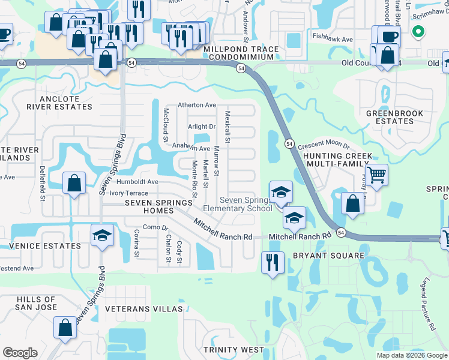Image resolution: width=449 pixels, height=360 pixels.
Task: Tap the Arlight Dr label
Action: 201,127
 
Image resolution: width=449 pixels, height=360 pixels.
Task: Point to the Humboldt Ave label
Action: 137,182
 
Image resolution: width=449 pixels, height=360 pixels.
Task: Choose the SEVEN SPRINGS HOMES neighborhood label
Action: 158,203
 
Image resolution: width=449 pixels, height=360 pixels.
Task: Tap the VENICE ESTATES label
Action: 46,246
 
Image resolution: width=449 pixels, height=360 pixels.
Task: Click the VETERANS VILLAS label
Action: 143,308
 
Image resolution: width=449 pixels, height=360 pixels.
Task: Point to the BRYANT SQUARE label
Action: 328,256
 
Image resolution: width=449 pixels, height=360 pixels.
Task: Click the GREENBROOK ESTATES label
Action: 395,117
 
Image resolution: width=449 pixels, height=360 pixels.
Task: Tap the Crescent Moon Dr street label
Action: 323,145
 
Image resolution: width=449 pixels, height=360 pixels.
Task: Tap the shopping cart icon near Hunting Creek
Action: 376,175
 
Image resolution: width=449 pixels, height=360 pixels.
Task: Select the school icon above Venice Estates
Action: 102,235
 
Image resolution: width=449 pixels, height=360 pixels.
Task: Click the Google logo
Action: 20,353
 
